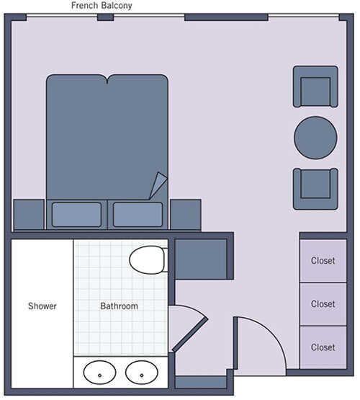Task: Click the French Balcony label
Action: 102,6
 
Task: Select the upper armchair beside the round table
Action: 315,86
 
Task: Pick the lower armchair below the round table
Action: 315,188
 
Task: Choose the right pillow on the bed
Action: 138,214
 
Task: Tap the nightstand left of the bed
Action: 29,215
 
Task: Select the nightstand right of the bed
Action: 186,215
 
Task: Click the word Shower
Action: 42,306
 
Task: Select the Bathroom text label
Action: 119,306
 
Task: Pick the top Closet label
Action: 323,261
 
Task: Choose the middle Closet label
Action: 323,304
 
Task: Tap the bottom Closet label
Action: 323,347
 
